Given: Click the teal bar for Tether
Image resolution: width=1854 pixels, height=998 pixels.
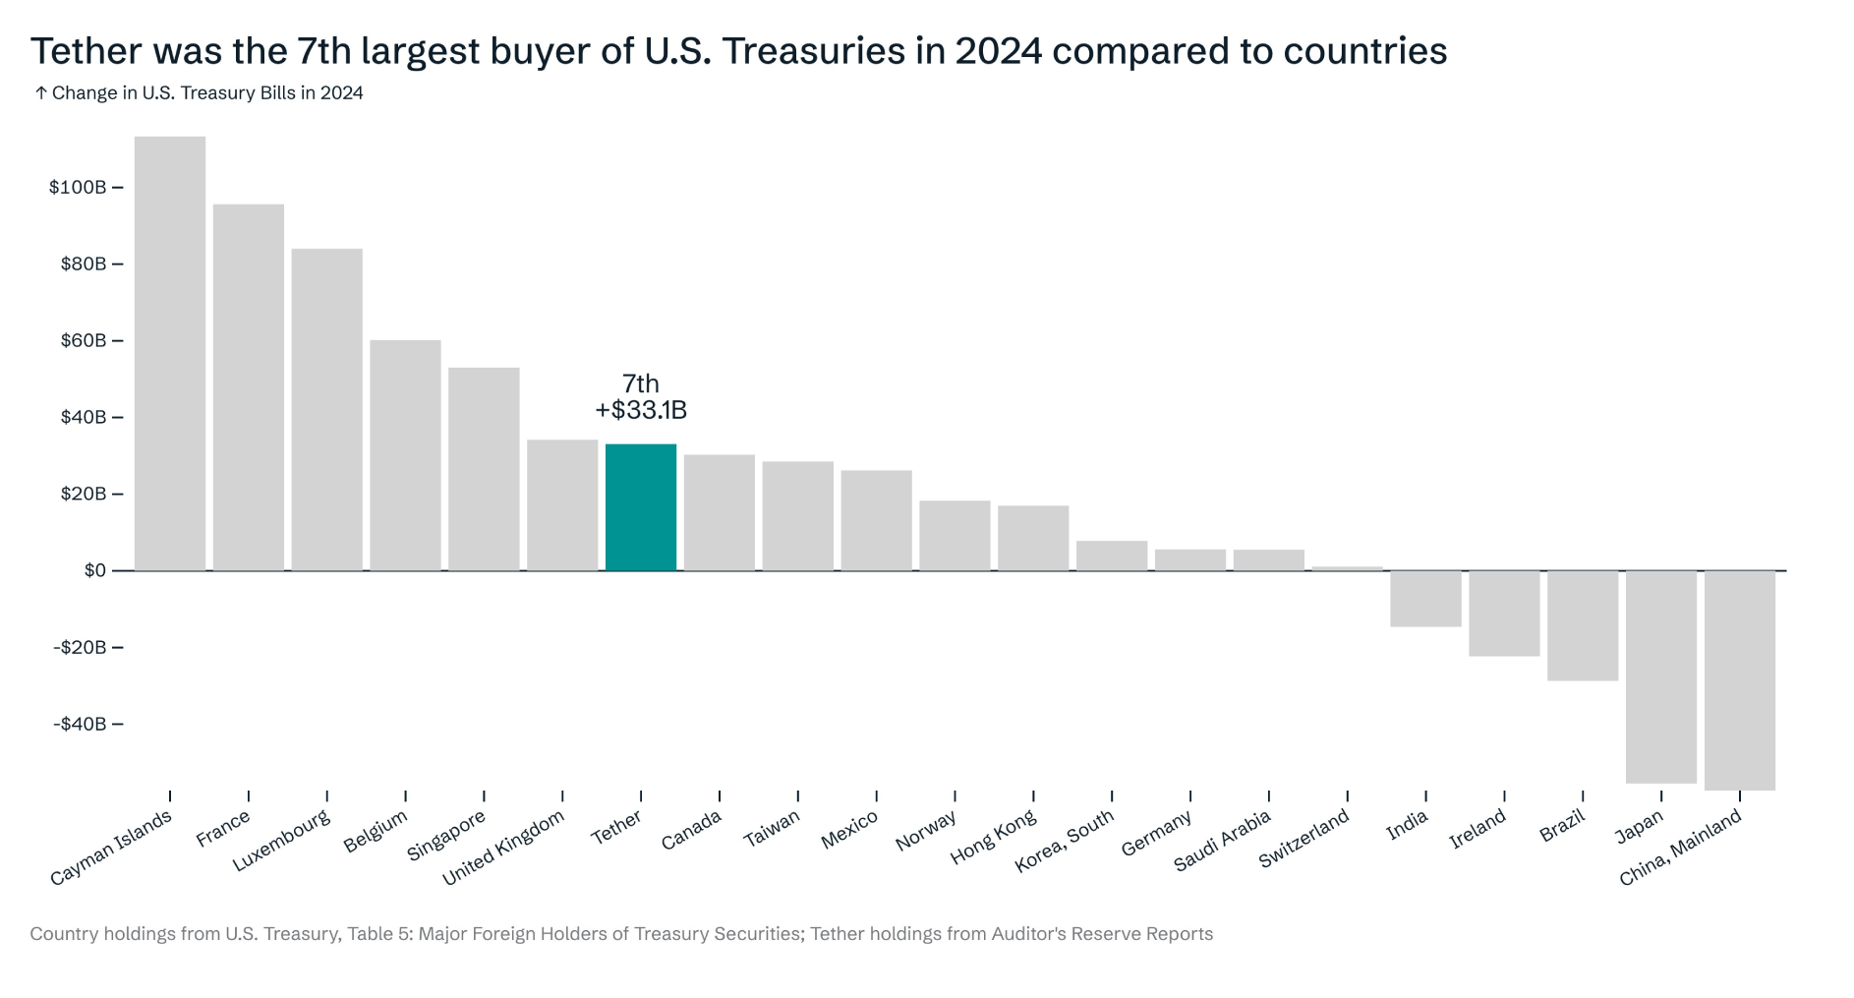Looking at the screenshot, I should (640, 507).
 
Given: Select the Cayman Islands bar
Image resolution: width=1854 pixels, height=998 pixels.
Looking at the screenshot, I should (170, 354).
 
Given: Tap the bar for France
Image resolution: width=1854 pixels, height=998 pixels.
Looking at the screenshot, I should (248, 387).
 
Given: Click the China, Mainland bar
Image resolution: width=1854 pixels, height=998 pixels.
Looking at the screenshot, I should (1739, 679).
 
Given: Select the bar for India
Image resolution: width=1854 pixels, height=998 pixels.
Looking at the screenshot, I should (1425, 598).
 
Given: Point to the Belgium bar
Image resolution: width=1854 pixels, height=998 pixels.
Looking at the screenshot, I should (405, 455).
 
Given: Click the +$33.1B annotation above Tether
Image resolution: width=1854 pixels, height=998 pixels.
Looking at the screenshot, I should (641, 410).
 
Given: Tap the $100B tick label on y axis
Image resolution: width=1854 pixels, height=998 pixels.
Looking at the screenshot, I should (78, 187).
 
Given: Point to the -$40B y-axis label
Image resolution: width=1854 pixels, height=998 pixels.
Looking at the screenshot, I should (80, 724).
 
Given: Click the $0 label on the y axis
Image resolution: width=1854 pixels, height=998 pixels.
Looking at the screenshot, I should (95, 570).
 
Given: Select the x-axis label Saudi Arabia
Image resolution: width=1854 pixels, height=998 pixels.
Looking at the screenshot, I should (1223, 841).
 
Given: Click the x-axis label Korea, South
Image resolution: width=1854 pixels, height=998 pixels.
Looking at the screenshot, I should (1065, 841).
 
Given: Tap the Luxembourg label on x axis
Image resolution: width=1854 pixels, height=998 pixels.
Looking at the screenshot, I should (281, 841).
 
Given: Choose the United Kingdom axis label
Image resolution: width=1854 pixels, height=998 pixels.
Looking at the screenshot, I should (503, 848).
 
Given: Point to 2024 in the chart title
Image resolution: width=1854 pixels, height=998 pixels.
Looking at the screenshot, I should (998, 51).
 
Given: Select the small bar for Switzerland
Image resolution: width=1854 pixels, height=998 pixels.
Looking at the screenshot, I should (1347, 568).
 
